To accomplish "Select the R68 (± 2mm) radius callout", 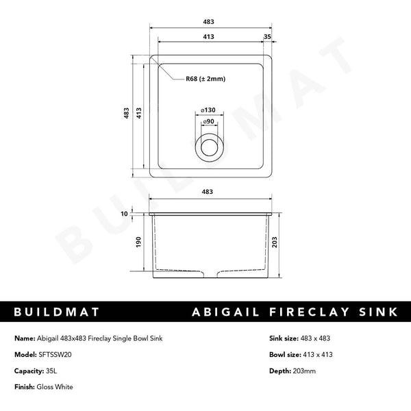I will point(206,79).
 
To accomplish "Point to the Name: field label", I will point(24,338).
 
